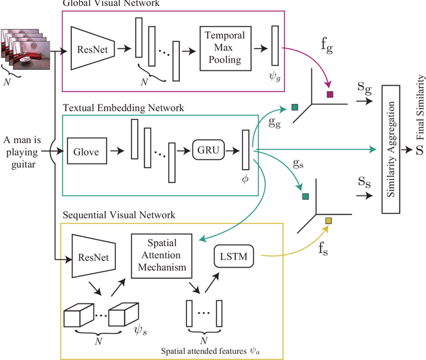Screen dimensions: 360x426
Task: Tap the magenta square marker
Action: point(329,94)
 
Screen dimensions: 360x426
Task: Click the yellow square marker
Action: point(328,221)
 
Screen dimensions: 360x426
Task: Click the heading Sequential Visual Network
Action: point(118,215)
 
